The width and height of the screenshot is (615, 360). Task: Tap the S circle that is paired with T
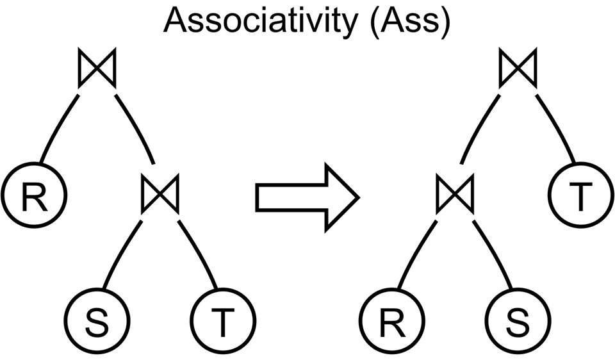(x=97, y=322)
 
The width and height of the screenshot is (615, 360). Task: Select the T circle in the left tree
(x=223, y=322)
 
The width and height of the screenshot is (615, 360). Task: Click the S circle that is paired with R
(x=517, y=322)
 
